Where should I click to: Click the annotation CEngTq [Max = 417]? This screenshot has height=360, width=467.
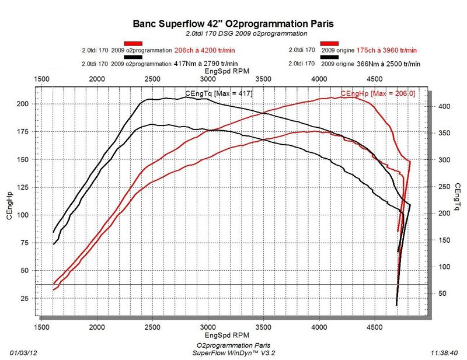(218, 93)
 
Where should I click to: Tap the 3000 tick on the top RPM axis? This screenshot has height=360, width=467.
(208, 79)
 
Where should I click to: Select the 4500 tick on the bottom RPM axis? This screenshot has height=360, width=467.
(376, 327)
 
